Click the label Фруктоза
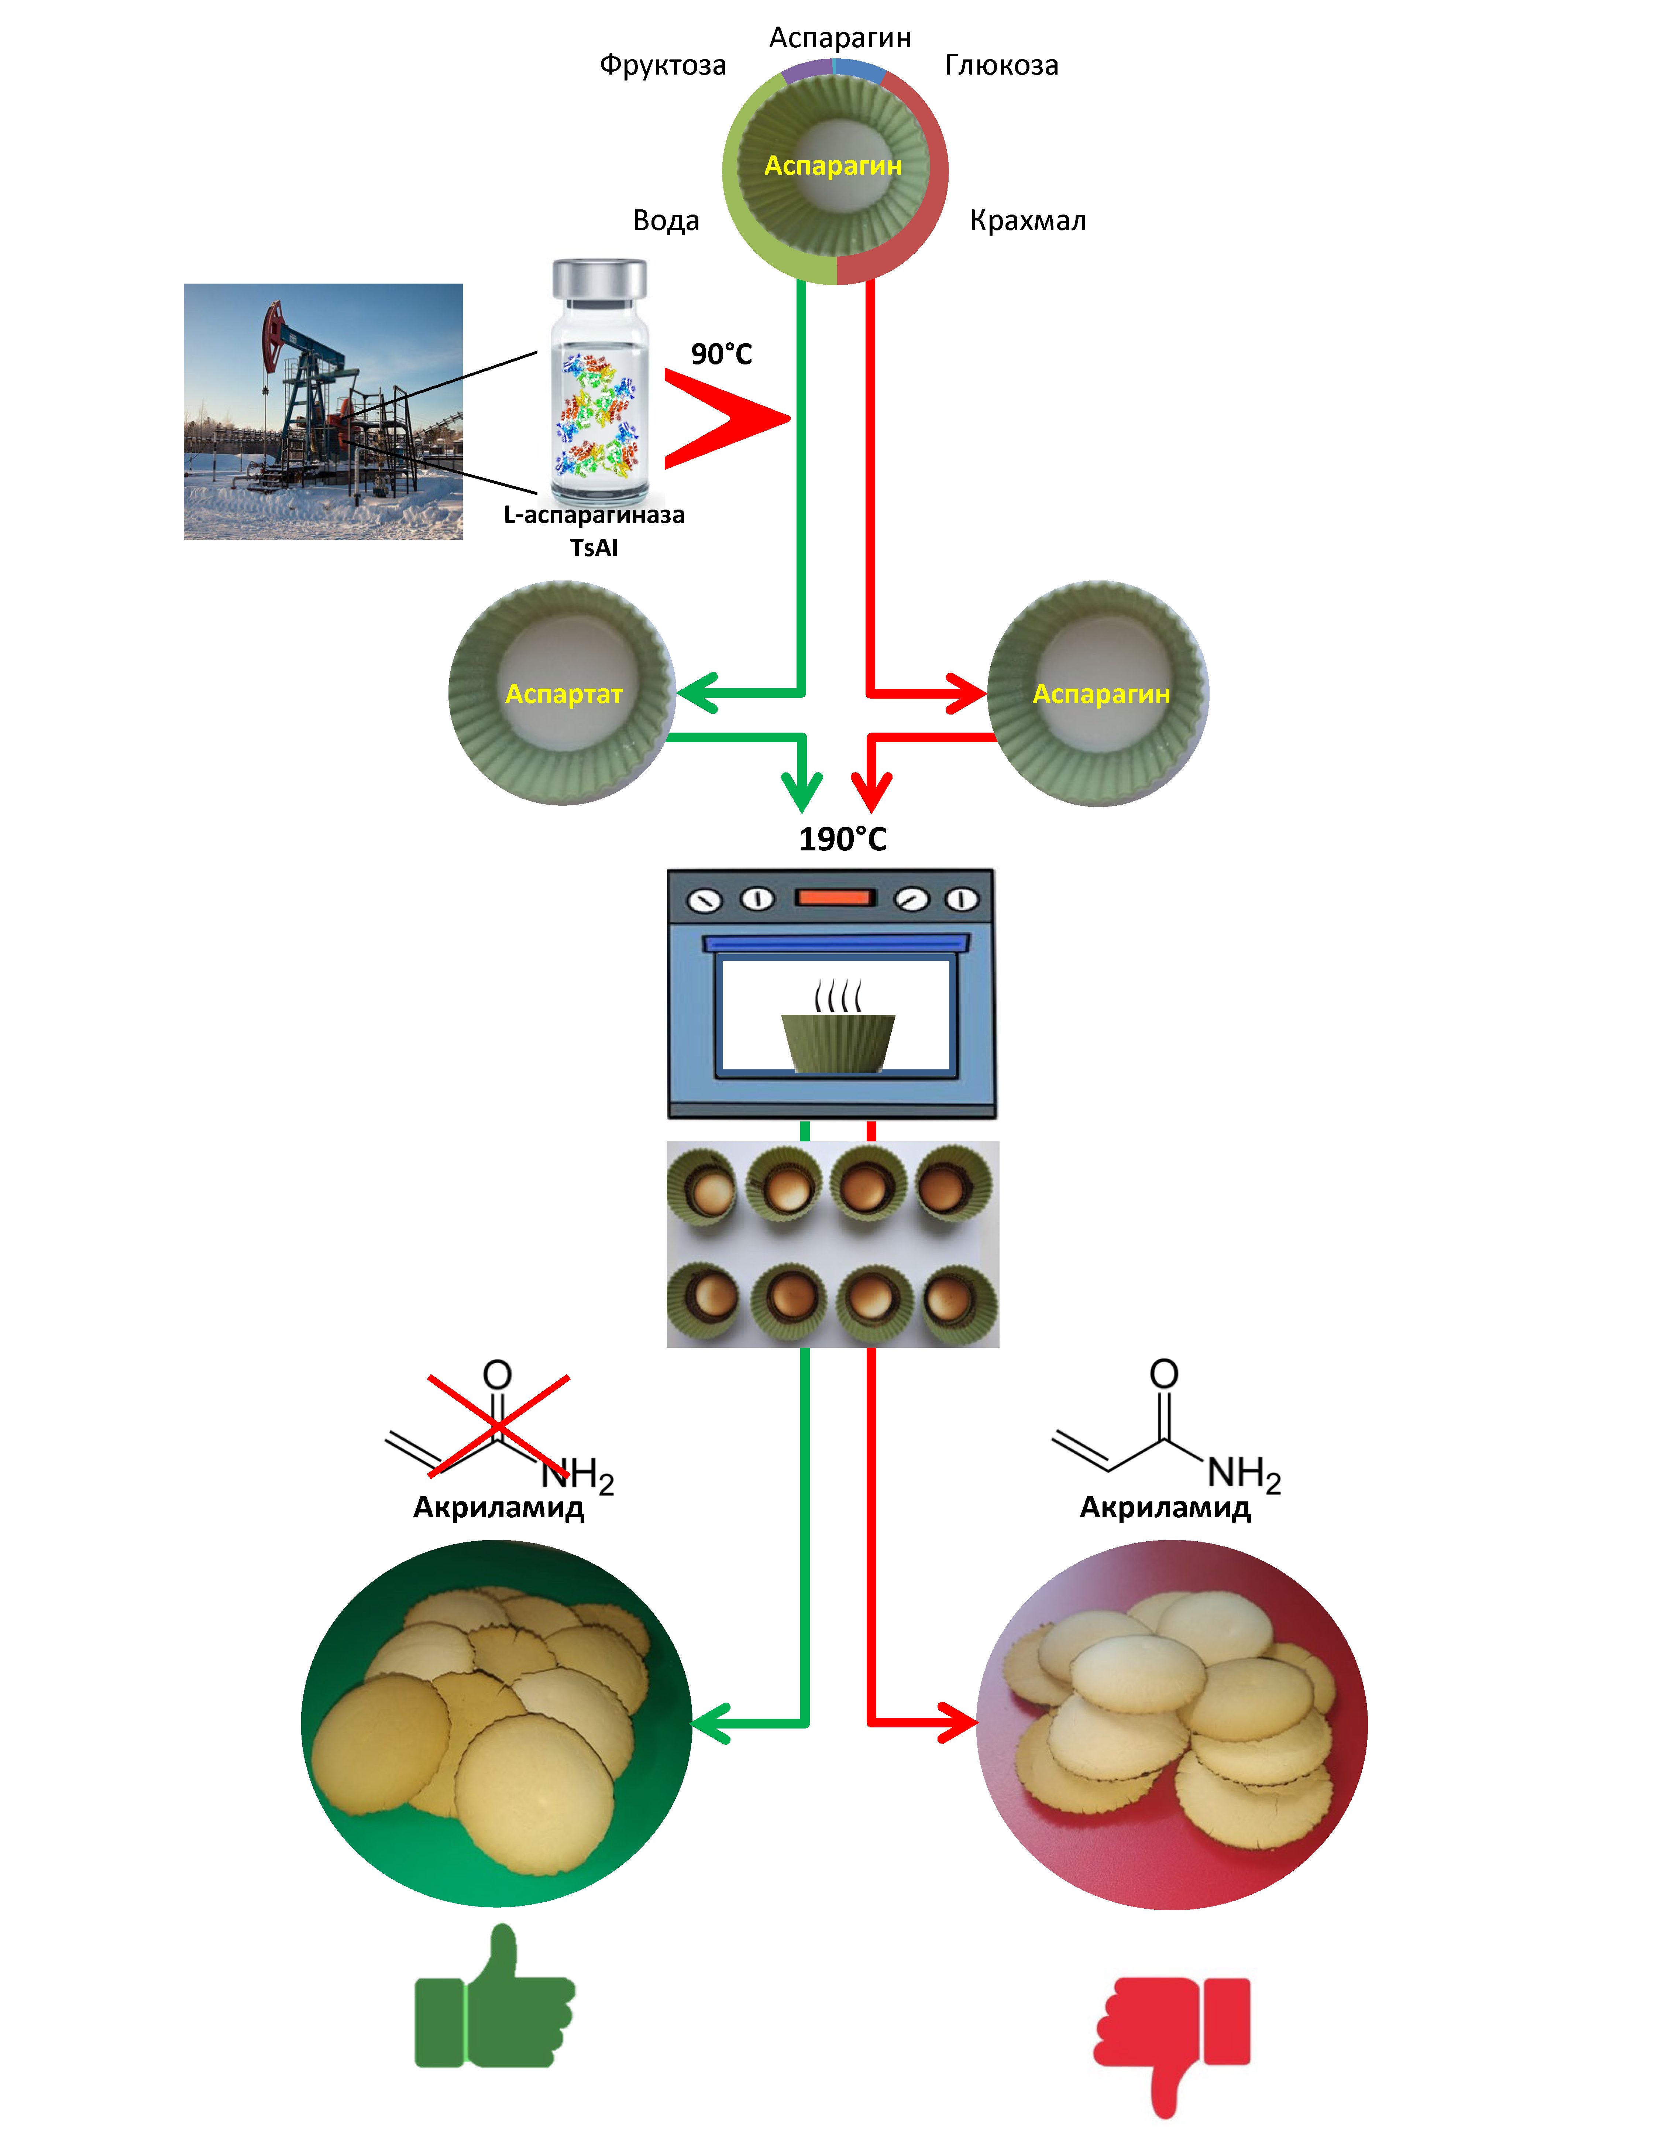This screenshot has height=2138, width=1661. click(663, 66)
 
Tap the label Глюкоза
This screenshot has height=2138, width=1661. click(1001, 66)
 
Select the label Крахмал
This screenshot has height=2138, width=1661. click(1028, 221)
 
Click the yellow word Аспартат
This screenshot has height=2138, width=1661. click(564, 694)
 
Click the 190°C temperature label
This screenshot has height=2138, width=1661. click(843, 839)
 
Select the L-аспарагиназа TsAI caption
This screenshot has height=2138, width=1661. click(594, 531)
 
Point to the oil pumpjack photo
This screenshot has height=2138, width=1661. click(323, 411)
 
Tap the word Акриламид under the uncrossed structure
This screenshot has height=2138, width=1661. click(1165, 1508)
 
